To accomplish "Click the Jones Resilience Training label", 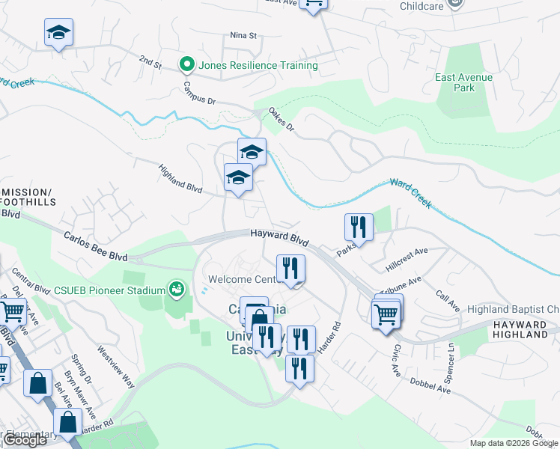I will pyautogui.click(x=258, y=65).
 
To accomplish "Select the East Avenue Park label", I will pyautogui.click(x=464, y=82).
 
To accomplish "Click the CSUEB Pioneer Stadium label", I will pyautogui.click(x=109, y=290).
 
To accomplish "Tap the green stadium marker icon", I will pyautogui.click(x=177, y=288).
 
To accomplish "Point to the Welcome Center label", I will pyautogui.click(x=242, y=279).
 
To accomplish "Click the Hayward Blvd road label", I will pyautogui.click(x=280, y=238).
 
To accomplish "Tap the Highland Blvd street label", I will pyautogui.click(x=181, y=178).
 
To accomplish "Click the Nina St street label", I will pyautogui.click(x=243, y=35).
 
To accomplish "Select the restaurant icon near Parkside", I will pyautogui.click(x=359, y=227).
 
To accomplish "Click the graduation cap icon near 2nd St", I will pyautogui.click(x=58, y=33).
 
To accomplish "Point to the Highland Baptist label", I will pyautogui.click(x=513, y=309).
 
